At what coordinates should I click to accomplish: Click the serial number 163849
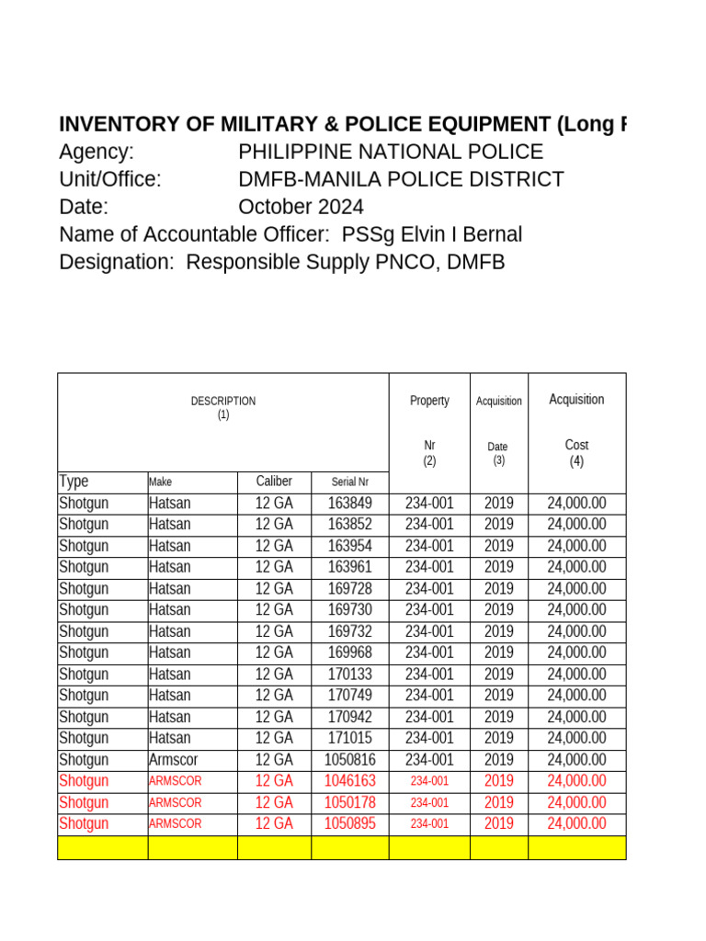(349, 504)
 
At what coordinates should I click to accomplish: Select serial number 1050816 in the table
(349, 760)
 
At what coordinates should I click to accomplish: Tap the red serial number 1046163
(349, 781)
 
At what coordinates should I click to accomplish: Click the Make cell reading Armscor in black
(173, 760)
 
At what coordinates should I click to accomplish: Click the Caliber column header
(274, 482)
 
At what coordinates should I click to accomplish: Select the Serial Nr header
(349, 482)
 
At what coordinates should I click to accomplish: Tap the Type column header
(74, 482)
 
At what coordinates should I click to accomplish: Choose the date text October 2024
(301, 207)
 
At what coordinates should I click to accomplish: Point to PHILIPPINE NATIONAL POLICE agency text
(391, 153)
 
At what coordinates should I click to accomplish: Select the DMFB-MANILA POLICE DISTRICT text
(401, 179)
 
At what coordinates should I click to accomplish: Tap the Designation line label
(116, 262)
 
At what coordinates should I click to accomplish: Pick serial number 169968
(349, 653)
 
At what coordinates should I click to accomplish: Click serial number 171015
(349, 739)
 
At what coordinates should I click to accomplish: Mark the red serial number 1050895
(349, 824)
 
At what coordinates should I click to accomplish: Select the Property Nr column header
(429, 429)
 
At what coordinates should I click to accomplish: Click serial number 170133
(349, 675)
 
